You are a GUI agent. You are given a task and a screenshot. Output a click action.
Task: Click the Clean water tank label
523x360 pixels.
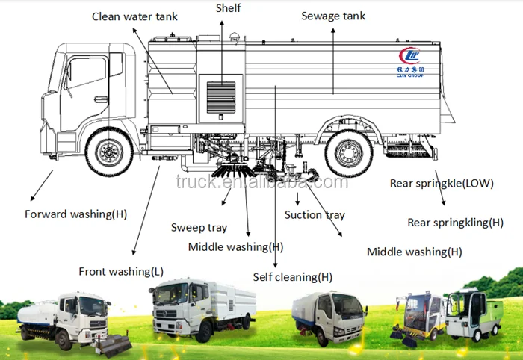(x=136, y=16)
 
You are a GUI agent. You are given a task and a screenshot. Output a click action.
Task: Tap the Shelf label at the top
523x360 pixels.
(x=228, y=7)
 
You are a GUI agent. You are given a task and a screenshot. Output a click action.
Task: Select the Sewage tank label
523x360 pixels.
(x=332, y=16)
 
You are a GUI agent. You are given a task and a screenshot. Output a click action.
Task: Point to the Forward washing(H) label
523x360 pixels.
(x=75, y=214)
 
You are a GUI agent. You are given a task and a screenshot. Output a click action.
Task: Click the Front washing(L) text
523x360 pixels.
(x=121, y=271)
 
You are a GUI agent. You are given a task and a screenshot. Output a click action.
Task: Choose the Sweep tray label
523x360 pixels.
(x=199, y=227)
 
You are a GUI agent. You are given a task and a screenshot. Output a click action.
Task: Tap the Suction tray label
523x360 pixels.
(x=315, y=215)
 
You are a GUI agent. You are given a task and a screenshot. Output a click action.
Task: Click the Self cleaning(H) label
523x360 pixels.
(x=293, y=277)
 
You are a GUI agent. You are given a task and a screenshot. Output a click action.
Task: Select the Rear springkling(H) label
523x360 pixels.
(x=455, y=223)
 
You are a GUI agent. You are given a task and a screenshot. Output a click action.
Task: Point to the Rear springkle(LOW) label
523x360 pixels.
(x=442, y=183)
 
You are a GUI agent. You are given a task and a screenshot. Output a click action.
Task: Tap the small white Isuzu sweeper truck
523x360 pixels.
(x=329, y=321)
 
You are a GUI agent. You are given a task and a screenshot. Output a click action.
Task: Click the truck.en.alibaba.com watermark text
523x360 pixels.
(x=261, y=181)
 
